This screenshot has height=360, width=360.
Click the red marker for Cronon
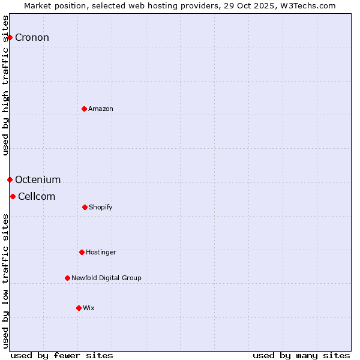(x=10, y=37)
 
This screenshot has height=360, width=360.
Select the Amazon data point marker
(x=84, y=109)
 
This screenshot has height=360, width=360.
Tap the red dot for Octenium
(x=10, y=179)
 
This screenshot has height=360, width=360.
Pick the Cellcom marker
(x=13, y=196)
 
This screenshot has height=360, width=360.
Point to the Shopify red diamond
(x=85, y=207)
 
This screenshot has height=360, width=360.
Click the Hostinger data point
(x=82, y=252)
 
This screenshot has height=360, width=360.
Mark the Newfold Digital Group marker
(x=67, y=278)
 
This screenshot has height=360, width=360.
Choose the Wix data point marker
(x=79, y=308)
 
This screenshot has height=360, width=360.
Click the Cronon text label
(x=32, y=38)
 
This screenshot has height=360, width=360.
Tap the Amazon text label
(x=101, y=109)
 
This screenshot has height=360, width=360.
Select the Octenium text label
(x=38, y=180)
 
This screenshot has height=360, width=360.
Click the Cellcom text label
(x=37, y=197)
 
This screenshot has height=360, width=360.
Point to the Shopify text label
(x=101, y=207)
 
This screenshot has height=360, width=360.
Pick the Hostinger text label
(x=101, y=252)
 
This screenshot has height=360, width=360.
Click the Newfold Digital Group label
(x=106, y=278)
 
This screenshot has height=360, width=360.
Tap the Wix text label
(x=89, y=308)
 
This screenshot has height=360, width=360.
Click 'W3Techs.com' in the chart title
(x=310, y=6)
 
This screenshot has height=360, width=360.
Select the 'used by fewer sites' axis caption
(x=62, y=355)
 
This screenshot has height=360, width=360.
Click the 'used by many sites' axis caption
(x=301, y=355)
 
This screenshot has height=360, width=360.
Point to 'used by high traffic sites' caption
(x=6, y=85)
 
